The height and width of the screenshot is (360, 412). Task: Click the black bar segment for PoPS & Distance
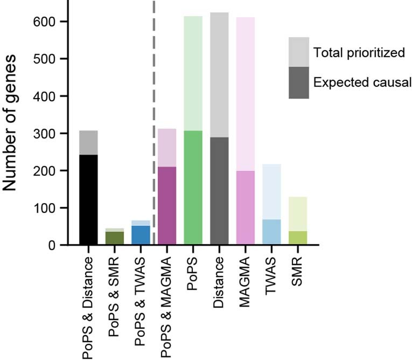coord(88,199)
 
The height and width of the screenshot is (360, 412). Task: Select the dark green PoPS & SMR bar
coord(114,238)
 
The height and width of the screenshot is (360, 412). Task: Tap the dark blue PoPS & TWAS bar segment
coord(141,235)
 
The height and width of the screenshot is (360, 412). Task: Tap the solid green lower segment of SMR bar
coord(297,238)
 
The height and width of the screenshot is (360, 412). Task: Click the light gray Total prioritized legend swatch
coord(298,52)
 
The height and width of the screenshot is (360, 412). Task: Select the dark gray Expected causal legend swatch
coord(298,82)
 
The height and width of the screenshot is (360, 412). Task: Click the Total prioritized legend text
coord(359,53)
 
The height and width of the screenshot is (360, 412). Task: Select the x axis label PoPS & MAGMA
coord(167,307)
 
